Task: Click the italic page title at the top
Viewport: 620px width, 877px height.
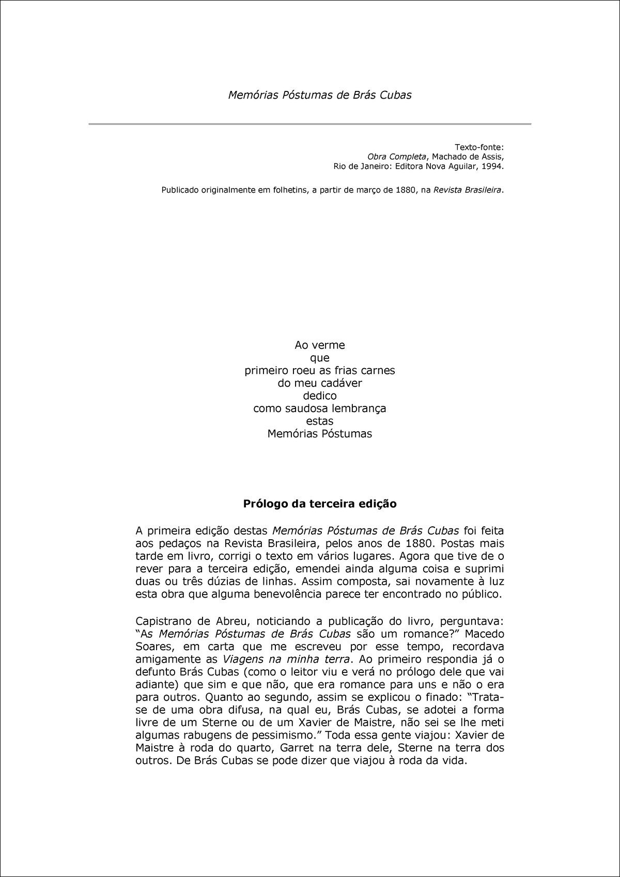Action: (x=320, y=95)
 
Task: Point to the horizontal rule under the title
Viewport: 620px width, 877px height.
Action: (x=309, y=124)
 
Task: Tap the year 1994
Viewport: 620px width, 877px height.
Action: (x=492, y=167)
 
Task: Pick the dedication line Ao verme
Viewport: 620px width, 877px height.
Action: (x=319, y=345)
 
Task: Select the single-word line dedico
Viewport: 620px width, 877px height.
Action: (x=319, y=396)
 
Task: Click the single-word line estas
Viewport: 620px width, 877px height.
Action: (x=319, y=421)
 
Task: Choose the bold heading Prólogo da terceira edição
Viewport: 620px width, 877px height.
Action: (x=320, y=504)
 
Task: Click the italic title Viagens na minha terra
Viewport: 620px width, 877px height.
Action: (x=287, y=659)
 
